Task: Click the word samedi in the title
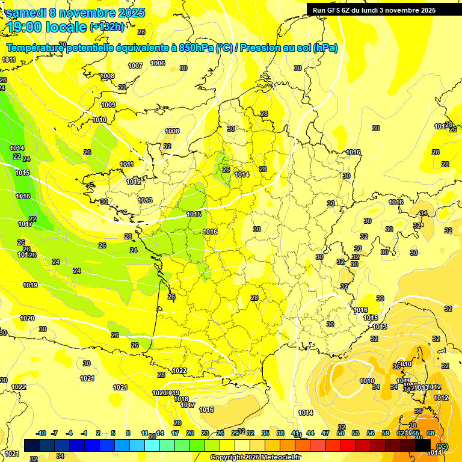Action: click(x=29, y=13)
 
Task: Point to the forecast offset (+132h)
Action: click(x=107, y=27)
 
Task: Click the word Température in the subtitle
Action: click(x=37, y=48)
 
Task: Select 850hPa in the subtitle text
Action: click(x=196, y=48)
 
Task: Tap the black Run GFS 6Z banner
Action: click(x=374, y=10)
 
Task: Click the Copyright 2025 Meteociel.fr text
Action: click(x=255, y=458)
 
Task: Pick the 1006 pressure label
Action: click(x=158, y=63)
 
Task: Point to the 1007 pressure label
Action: click(x=135, y=66)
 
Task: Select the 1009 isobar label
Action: click(x=108, y=105)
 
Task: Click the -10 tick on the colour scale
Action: click(x=41, y=434)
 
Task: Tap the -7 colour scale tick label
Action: click(x=54, y=434)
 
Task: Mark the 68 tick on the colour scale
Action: click(x=431, y=434)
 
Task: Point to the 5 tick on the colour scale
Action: click(x=113, y=434)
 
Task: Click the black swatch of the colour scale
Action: click(x=423, y=445)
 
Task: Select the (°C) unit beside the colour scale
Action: click(x=442, y=446)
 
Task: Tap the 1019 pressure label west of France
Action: click(x=30, y=285)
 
